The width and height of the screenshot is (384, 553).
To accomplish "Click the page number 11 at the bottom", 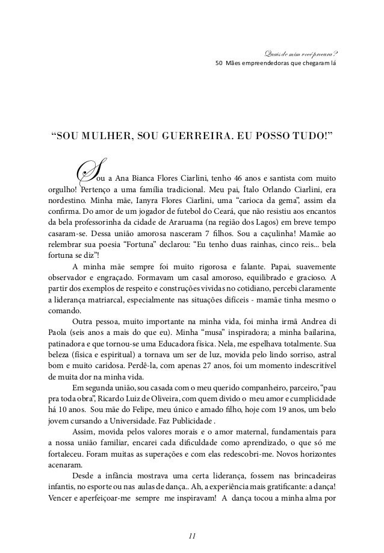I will tap(192, 534).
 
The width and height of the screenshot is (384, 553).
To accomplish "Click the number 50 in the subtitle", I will tap(219, 62).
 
